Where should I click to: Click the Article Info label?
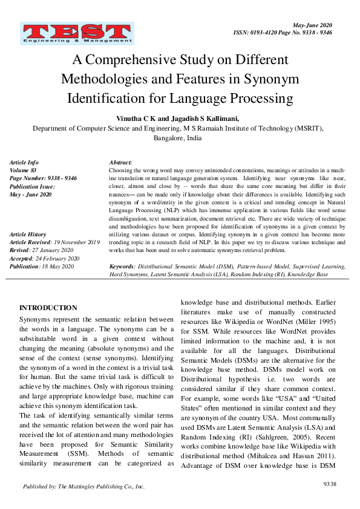(x=24, y=163)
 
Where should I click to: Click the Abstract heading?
(x=121, y=163)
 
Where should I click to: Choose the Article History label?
(x=28, y=234)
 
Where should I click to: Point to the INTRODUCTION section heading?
(x=48, y=308)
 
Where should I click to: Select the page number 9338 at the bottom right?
(x=330, y=484)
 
